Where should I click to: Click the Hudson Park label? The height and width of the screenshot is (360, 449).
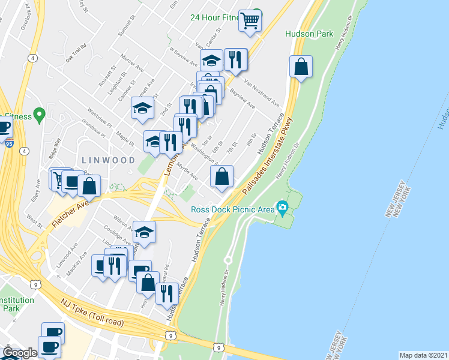[309, 34]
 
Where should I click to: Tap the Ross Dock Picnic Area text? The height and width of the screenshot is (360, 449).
[232, 209]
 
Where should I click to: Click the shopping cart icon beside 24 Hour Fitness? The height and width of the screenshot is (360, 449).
[249, 21]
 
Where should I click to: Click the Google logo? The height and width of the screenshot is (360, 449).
[19, 353]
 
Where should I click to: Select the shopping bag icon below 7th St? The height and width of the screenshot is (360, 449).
[221, 176]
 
